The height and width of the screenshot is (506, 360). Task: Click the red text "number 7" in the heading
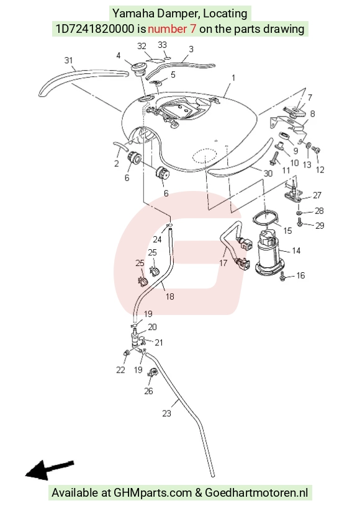click(172, 29)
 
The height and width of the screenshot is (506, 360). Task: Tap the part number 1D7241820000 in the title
click(95, 29)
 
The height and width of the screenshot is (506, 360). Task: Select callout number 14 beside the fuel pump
click(295, 251)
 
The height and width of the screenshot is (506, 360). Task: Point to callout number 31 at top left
click(68, 60)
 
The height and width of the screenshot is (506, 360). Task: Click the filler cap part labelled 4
click(138, 68)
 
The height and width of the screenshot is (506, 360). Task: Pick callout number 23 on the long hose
click(166, 414)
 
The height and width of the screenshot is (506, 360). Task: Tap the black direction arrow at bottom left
click(50, 469)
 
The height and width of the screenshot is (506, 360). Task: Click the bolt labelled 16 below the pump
click(283, 276)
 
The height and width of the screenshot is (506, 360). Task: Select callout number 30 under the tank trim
click(268, 173)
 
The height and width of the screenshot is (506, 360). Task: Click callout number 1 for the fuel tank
click(233, 78)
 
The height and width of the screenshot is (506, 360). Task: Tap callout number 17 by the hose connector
click(223, 263)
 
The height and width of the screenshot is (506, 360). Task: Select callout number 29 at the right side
click(320, 225)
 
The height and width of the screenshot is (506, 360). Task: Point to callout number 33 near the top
click(162, 45)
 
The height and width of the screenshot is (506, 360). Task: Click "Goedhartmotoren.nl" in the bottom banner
click(256, 493)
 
